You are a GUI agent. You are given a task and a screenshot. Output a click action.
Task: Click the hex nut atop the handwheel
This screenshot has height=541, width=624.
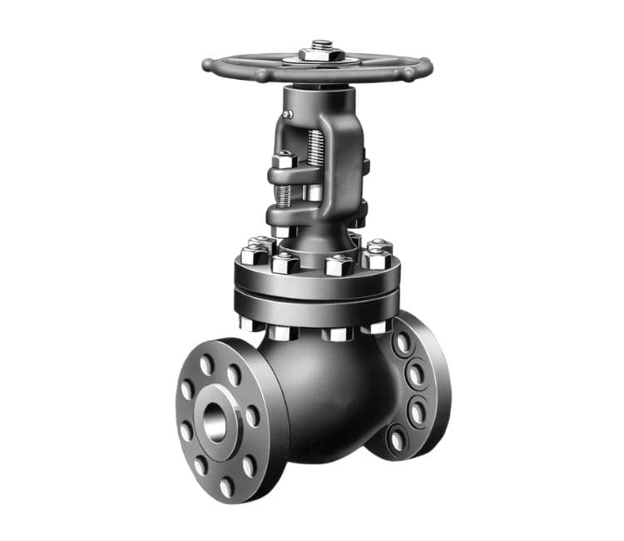pyautogui.click(x=320, y=55)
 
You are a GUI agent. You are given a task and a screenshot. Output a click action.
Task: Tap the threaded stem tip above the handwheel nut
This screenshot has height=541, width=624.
pyautogui.click(x=321, y=42)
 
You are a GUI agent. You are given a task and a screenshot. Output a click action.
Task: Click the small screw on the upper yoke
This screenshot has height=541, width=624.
pyautogui.click(x=288, y=111)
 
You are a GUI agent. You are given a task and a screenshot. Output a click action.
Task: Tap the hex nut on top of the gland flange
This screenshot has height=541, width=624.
pyautogui.click(x=284, y=160)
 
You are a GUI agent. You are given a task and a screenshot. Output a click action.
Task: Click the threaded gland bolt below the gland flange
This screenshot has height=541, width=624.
pyautogui.click(x=284, y=196)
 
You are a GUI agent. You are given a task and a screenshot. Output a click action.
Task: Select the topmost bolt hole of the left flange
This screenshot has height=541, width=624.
pyautogui.click(x=206, y=365)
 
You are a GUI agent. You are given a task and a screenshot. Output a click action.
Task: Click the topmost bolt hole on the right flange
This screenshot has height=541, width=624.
pyautogui.click(x=404, y=342)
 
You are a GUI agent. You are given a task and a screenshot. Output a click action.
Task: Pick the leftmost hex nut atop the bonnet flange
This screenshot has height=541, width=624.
pyautogui.click(x=252, y=254)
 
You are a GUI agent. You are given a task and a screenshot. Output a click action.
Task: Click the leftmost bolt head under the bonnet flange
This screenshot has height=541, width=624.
pyautogui.click(x=249, y=322)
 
